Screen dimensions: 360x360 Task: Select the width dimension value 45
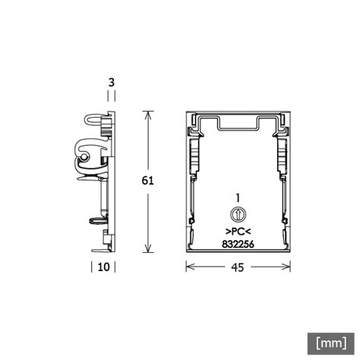tap(238, 267)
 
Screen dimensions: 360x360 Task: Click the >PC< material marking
tap(238, 232)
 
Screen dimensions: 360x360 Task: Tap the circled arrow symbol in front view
tap(238, 215)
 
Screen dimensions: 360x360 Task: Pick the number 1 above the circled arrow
tap(238, 198)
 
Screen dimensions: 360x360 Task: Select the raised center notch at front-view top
tap(238, 122)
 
